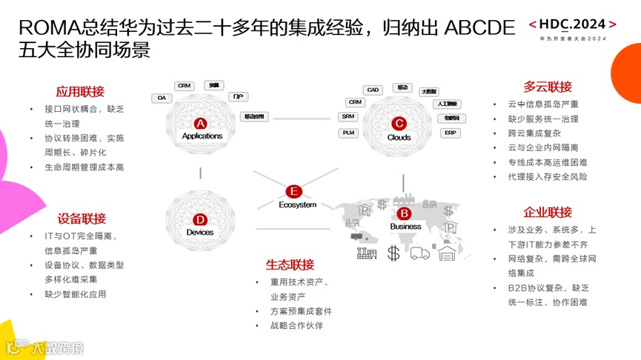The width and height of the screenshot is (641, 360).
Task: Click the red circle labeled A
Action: click(201, 123)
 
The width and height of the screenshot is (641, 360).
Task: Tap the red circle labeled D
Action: click(200, 220)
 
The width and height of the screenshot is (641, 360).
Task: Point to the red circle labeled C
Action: click(399, 124)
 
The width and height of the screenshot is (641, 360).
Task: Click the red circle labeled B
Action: click(405, 213)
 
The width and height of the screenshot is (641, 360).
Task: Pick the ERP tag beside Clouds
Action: click(450, 133)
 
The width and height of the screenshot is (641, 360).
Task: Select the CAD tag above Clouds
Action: click(373, 90)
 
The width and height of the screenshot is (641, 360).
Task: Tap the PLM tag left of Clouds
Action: click(350, 133)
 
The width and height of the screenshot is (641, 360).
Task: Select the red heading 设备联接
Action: click(82, 219)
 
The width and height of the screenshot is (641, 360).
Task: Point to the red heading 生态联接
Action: click(290, 264)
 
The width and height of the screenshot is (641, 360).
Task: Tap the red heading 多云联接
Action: click(548, 87)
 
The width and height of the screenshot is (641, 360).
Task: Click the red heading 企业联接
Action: click(548, 213)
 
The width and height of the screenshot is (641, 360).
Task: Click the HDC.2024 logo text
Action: click(577, 25)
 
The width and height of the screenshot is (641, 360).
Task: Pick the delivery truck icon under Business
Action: click(419, 253)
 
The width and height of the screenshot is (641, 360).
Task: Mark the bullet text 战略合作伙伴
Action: click(296, 325)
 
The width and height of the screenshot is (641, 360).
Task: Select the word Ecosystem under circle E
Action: click(297, 204)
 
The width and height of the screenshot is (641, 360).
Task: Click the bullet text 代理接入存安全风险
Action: click(548, 177)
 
